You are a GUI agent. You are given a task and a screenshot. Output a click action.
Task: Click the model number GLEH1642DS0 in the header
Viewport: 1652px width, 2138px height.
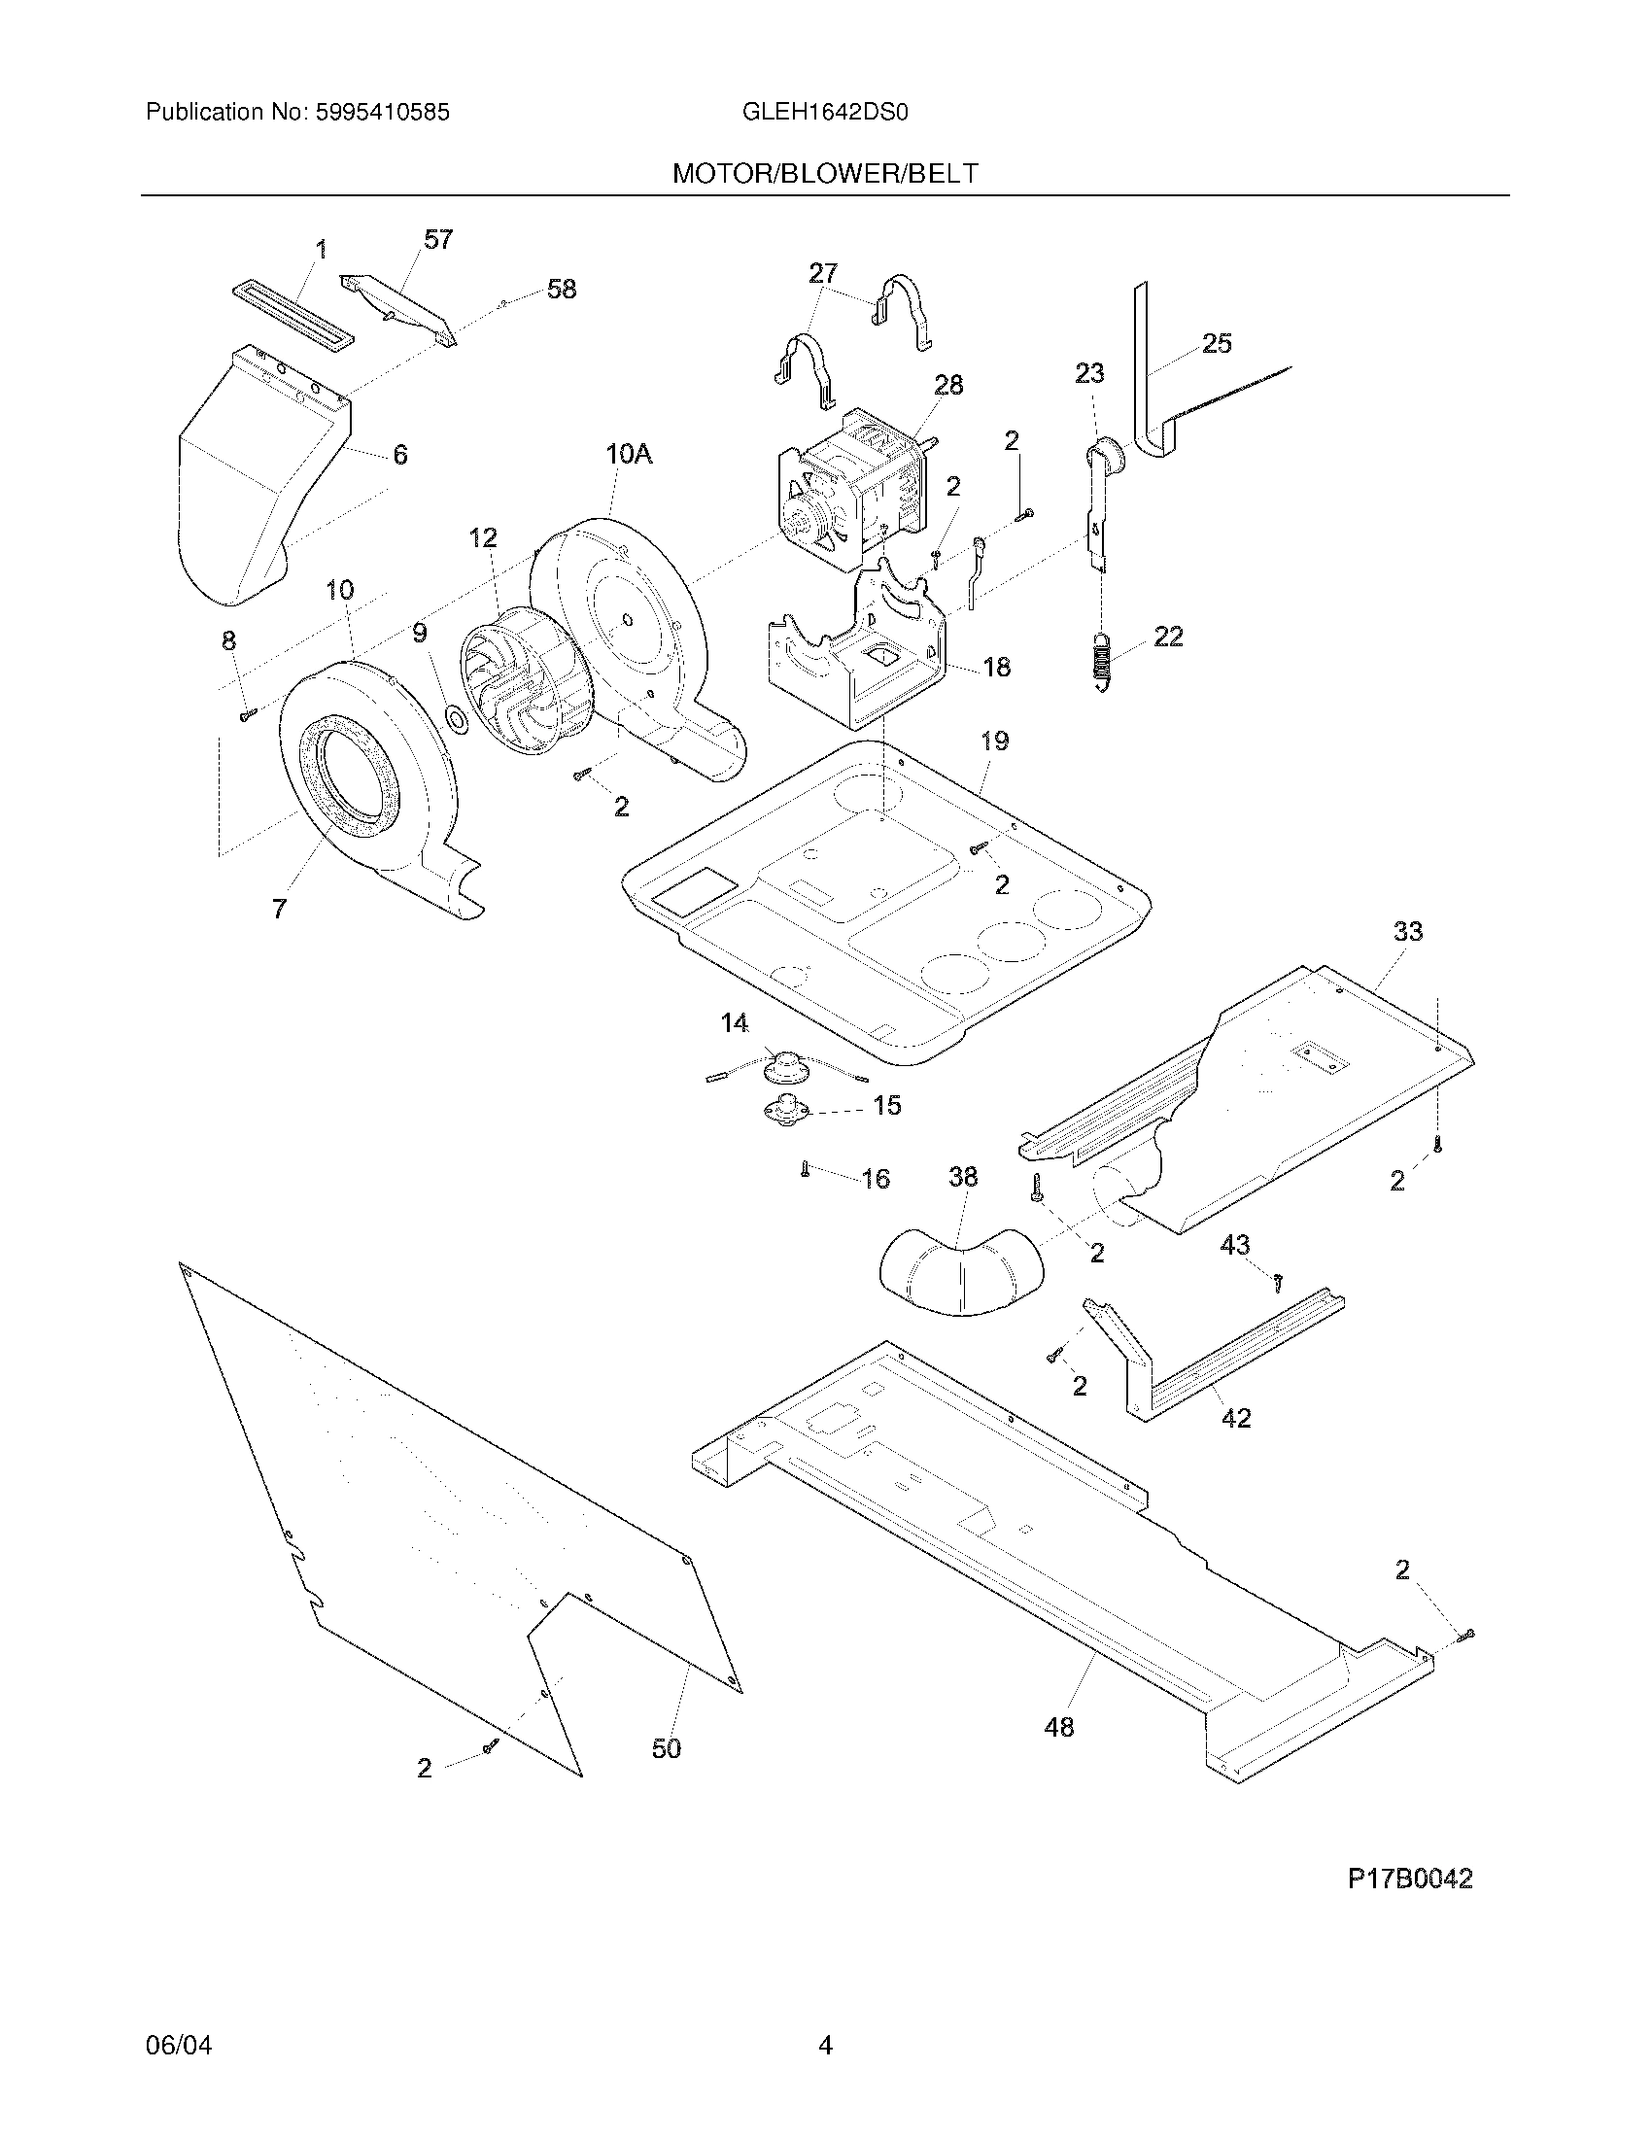point(825,113)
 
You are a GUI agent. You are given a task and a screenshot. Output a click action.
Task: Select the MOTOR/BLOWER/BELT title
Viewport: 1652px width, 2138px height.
point(825,174)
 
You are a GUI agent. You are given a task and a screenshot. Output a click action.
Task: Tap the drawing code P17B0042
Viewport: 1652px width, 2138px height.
point(1409,1879)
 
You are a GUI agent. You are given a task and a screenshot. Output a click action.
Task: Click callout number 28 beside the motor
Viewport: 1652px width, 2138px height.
point(947,386)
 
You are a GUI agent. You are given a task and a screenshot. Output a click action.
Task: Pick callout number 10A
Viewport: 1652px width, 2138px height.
point(629,454)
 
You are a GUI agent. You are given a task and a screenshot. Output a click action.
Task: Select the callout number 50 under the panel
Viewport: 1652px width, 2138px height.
point(667,1748)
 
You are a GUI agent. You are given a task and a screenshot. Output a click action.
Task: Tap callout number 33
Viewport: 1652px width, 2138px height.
point(1407,931)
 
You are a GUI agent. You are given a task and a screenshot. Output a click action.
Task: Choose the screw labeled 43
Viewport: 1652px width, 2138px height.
point(1278,1280)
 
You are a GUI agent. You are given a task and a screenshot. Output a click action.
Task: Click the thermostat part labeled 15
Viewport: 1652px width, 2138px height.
point(787,1111)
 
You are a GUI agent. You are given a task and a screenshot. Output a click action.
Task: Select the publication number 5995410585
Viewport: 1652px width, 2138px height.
point(382,113)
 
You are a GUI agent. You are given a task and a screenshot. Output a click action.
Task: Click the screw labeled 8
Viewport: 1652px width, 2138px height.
point(247,715)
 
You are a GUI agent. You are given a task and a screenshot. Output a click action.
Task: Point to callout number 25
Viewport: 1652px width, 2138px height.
point(1217,344)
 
